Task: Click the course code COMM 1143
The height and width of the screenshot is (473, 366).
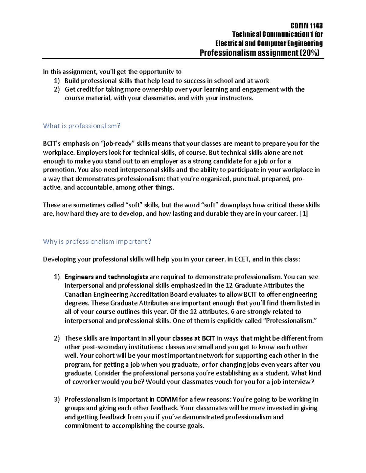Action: point(307,26)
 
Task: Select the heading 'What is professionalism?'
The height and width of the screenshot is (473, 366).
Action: point(82,126)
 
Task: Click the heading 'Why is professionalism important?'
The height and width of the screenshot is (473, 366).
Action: point(97,242)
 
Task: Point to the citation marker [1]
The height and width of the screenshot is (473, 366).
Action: point(304,214)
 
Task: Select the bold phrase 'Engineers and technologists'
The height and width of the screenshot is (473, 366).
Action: point(106,277)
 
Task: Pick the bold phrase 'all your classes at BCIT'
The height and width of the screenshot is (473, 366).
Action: point(181,338)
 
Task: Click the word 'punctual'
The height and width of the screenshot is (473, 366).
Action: point(246,179)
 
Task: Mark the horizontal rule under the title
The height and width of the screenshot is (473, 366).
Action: point(183,58)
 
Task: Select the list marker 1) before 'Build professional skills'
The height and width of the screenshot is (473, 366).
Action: point(57,81)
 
